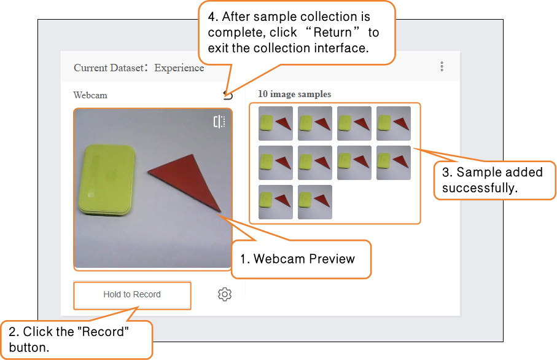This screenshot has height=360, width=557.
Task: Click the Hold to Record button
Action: (132, 295)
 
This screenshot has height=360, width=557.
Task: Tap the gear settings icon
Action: (225, 294)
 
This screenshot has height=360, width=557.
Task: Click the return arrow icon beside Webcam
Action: (228, 95)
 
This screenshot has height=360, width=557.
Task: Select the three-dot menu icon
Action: (442, 66)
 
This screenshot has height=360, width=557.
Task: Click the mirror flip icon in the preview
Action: (219, 122)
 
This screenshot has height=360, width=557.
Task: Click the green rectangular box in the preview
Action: (107, 180)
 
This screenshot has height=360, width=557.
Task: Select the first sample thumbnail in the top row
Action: (276, 123)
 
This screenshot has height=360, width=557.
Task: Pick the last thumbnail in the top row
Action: (394, 123)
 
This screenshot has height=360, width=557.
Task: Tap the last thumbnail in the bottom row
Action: (315, 202)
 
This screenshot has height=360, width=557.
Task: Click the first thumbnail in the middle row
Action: (276, 163)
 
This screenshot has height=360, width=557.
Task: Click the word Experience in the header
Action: (179, 68)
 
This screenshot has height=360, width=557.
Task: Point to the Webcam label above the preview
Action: (90, 95)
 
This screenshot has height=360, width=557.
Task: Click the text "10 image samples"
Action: (295, 94)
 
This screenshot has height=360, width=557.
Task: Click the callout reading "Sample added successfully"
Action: (494, 180)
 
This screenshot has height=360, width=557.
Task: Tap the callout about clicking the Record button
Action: (76, 339)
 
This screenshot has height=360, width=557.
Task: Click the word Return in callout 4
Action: (332, 33)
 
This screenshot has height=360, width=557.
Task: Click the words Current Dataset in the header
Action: (109, 68)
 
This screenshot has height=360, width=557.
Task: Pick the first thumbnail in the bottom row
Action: (276, 202)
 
